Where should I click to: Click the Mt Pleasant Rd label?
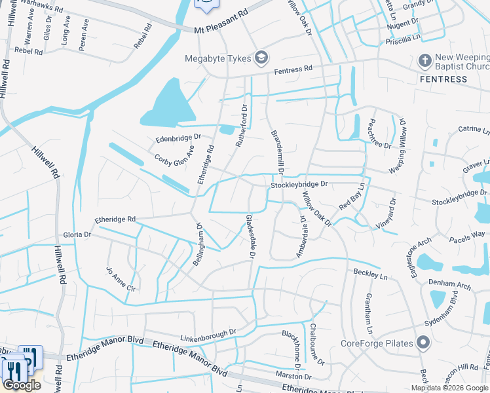[x=222, y=30]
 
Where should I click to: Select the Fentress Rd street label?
[x=293, y=69]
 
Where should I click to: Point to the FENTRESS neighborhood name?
[x=443, y=79]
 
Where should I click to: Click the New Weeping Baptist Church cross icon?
[x=424, y=60]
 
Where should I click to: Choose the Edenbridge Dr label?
[x=177, y=139]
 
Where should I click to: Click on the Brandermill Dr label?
[x=276, y=151]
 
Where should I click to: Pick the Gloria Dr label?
[x=77, y=234]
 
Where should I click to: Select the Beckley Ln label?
[x=371, y=272]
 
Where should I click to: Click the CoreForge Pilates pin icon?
[x=424, y=343]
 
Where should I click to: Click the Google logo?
[x=22, y=384]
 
